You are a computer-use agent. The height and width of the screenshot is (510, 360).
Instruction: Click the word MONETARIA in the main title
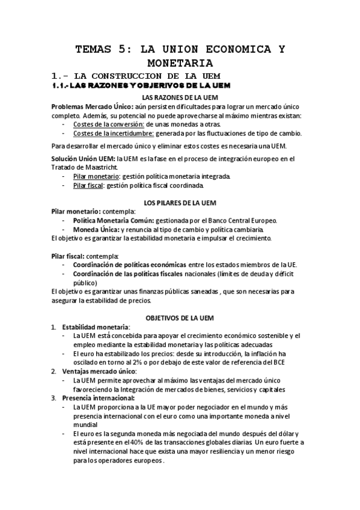180,62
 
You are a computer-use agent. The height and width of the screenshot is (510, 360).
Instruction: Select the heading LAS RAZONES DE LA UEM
180,97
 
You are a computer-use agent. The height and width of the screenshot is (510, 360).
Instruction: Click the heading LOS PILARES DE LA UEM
180,203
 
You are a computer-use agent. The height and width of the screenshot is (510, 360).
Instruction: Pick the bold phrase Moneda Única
96,230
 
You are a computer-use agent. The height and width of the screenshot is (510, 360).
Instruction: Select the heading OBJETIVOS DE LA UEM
180,317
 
